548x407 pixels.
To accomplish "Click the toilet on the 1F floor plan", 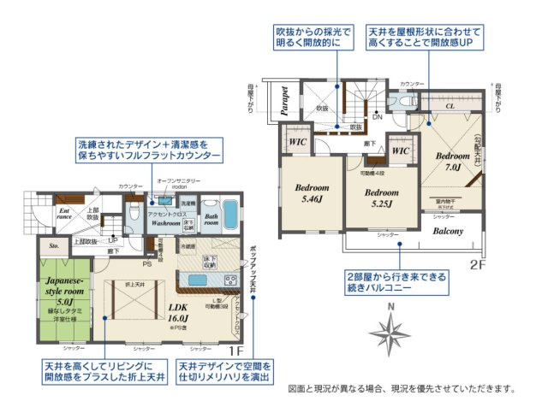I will point(133,209).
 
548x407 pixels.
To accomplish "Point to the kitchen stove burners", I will point(229,281).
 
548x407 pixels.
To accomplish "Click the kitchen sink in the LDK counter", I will point(196,280).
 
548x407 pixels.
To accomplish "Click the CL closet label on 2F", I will point(450,107).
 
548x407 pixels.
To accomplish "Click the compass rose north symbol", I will point(392,330).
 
